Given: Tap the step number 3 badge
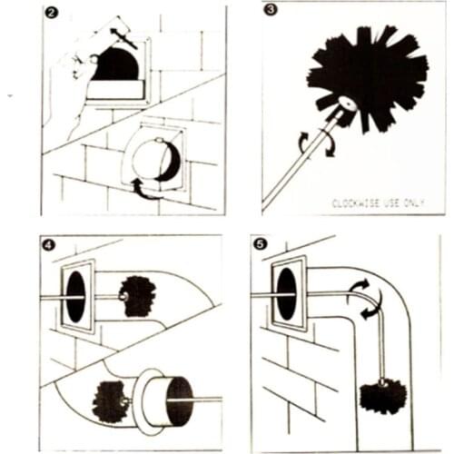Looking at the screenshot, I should pos(271,12).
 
